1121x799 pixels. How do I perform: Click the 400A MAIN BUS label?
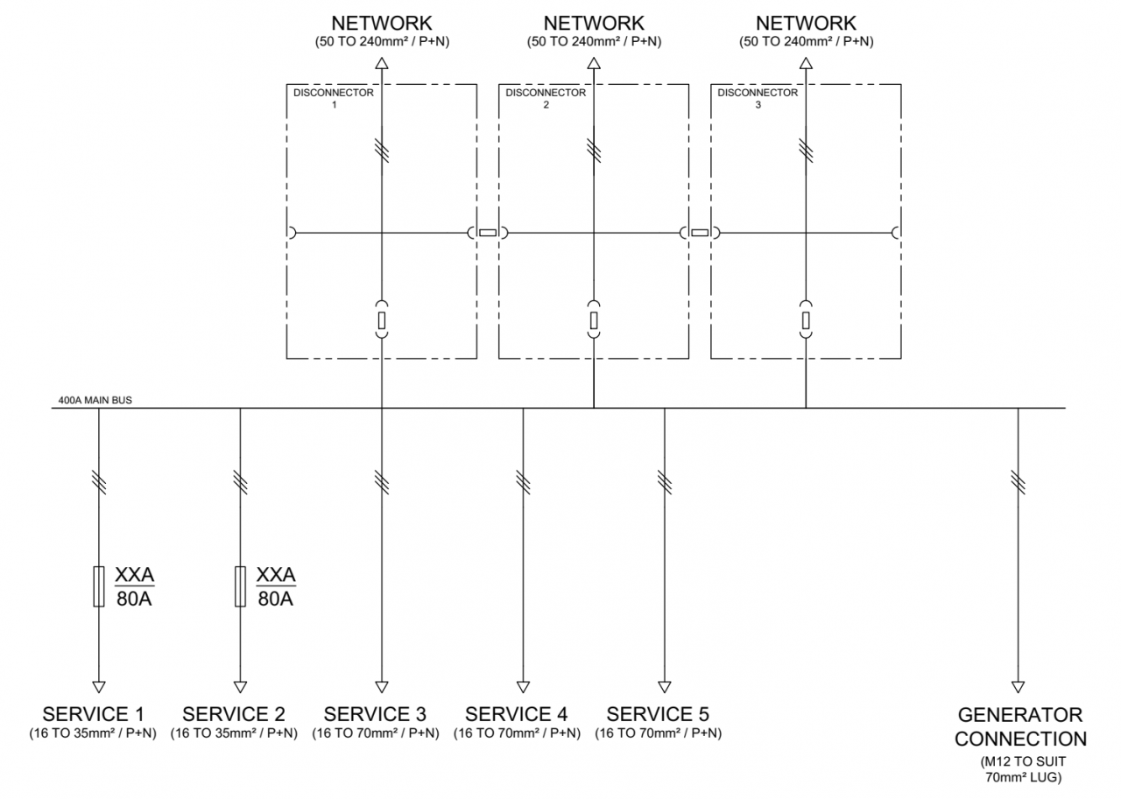(95, 400)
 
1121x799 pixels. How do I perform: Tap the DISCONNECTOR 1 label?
(334, 97)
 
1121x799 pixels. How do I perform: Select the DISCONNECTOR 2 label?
(546, 97)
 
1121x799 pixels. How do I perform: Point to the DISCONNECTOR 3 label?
(758, 97)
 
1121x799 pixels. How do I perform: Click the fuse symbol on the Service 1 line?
(98, 586)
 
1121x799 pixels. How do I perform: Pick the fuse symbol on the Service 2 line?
(240, 586)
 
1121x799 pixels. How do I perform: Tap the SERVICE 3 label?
(375, 713)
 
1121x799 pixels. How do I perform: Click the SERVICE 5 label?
(658, 713)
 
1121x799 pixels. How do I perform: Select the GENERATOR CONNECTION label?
(1020, 726)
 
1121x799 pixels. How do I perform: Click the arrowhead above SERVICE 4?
(523, 686)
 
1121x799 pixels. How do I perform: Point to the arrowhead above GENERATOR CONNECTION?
(1018, 686)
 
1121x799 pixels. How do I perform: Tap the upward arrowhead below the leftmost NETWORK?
(382, 62)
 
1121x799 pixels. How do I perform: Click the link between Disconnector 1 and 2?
(488, 233)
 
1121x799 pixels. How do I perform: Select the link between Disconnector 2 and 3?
(700, 233)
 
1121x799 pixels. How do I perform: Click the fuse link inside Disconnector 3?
(806, 320)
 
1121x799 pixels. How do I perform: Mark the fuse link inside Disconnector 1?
(382, 320)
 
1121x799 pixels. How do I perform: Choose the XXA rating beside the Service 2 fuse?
(276, 575)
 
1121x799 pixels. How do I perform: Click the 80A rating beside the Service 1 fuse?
(134, 599)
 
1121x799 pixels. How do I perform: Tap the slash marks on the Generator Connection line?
(1018, 480)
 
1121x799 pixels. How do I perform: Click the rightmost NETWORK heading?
(806, 23)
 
